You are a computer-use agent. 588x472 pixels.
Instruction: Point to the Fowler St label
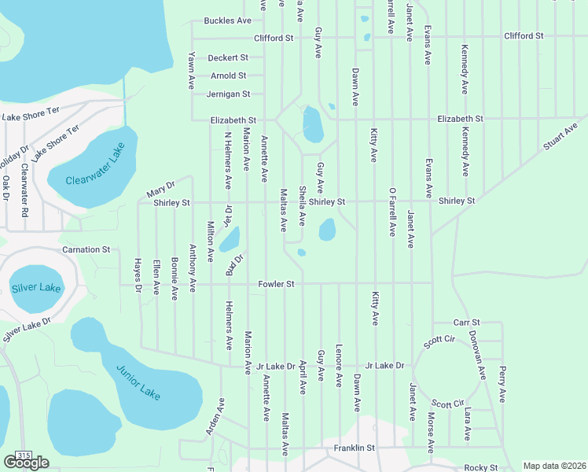[x=276, y=284]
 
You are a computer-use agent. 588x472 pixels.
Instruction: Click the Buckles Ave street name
[x=227, y=20]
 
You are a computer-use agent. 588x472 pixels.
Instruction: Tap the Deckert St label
[x=228, y=58]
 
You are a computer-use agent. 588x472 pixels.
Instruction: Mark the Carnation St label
[x=86, y=250]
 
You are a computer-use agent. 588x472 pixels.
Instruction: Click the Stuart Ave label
[x=560, y=136]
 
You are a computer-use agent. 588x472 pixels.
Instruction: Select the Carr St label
[x=467, y=323]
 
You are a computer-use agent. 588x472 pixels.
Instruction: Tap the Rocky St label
[x=482, y=467]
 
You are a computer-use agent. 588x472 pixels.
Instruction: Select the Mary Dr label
[x=160, y=193]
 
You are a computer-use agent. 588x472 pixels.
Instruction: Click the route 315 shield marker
[x=24, y=455]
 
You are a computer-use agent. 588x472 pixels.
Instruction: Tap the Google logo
[x=26, y=463]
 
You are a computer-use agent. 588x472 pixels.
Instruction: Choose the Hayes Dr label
[x=138, y=277]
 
